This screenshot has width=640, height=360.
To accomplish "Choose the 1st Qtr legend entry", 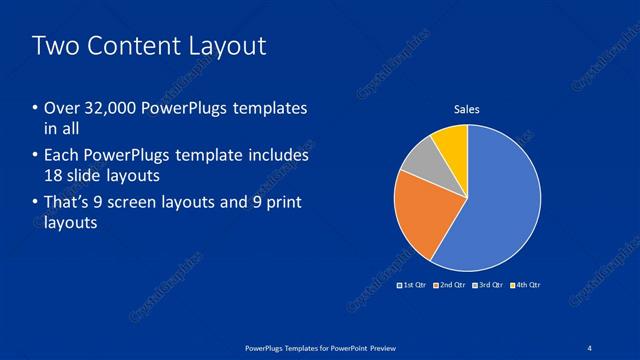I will coord(412,285).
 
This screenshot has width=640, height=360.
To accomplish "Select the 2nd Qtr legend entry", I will coord(450,285).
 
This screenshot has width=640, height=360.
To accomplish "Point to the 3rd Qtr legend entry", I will coord(489,285).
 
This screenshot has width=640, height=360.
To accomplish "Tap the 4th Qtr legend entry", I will coord(527,285).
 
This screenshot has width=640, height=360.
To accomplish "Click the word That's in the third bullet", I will coord(67,203).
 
